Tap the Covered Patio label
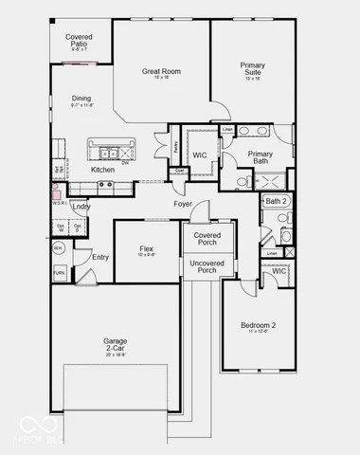tap(79, 41)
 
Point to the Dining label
tap(81, 99)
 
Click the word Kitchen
tap(102, 170)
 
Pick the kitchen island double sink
tap(111, 152)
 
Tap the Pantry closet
tap(177, 148)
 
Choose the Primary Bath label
tap(260, 157)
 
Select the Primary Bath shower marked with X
tap(272, 180)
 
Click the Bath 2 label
tap(275, 201)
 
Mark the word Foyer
tap(183, 204)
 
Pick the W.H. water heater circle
tap(58, 248)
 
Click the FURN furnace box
tap(59, 272)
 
